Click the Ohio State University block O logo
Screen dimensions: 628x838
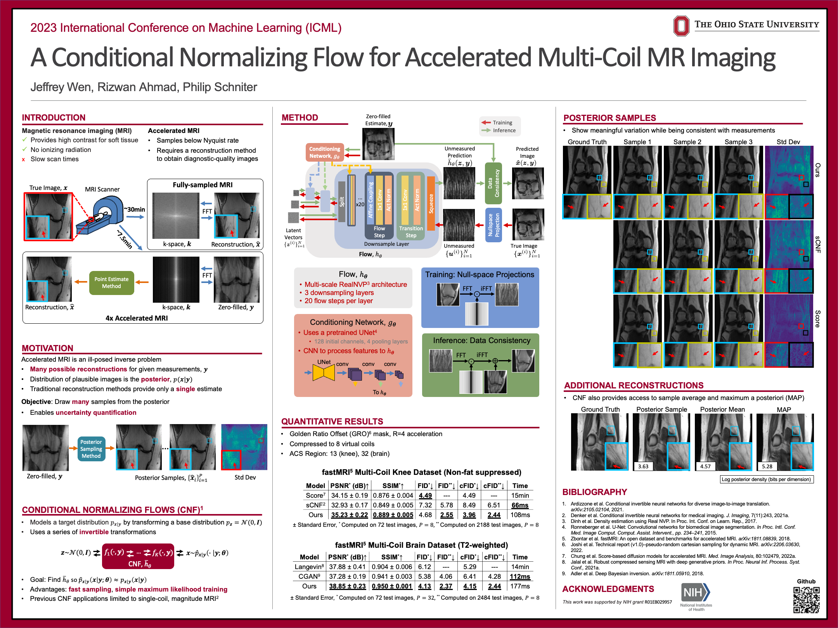pyautogui.click(x=681, y=26)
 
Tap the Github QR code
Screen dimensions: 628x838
pyautogui.click(x=806, y=600)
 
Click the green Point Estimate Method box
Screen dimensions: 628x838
pyautogui.click(x=111, y=283)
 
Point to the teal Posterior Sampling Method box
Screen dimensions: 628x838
pyautogui.click(x=91, y=449)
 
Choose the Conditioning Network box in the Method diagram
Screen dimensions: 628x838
pyautogui.click(x=324, y=152)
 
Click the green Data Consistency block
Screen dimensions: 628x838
pyautogui.click(x=493, y=183)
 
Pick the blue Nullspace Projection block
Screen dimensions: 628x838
pyautogui.click(x=493, y=225)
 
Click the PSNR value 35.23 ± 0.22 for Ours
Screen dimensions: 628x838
pyautogui.click(x=349, y=515)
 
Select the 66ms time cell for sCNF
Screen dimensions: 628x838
pyautogui.click(x=520, y=505)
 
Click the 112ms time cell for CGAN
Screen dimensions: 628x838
pyautogui.click(x=520, y=576)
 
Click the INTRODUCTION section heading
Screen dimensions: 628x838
pyautogui.click(x=54, y=117)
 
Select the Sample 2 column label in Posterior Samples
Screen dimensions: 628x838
pyautogui.click(x=687, y=142)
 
